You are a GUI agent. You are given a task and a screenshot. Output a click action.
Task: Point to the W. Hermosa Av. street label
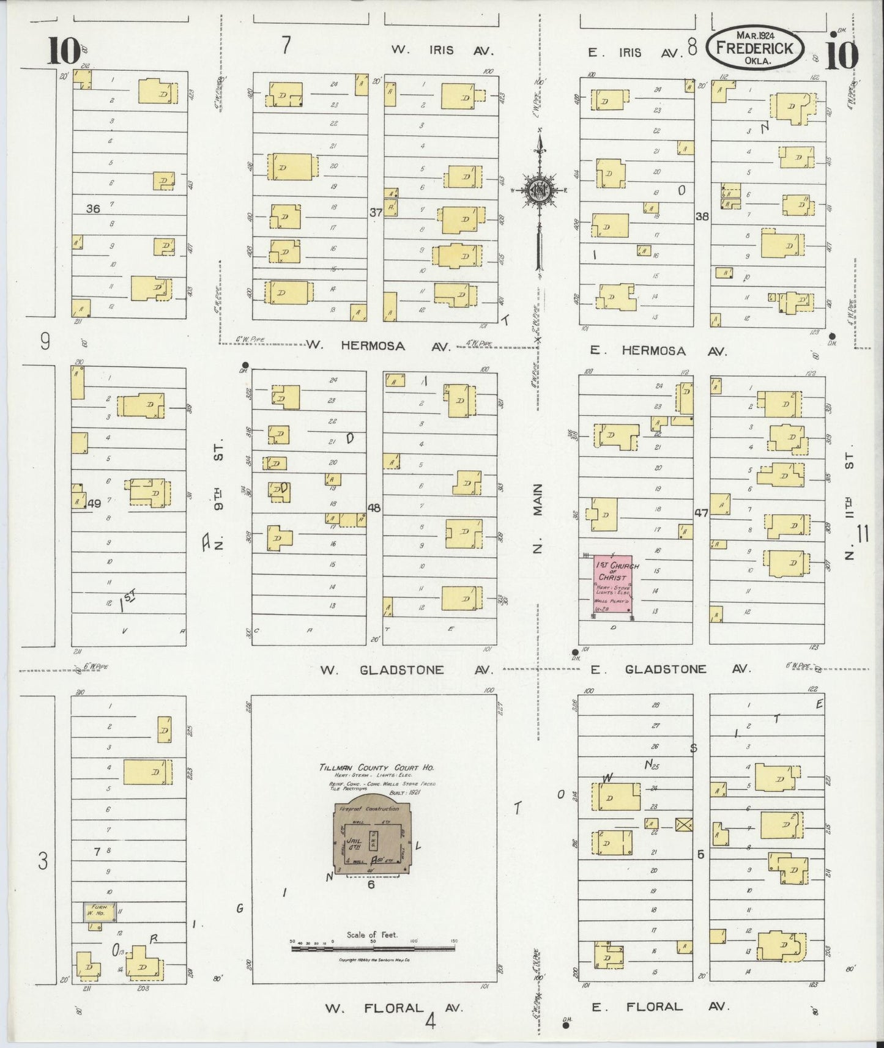377,346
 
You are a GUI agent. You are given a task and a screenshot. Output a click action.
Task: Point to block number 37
375,212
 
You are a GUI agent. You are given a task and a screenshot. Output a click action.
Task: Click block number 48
373,507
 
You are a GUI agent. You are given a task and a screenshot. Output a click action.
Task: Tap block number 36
93,208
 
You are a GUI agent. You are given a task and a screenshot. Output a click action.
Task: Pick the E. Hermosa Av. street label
658,351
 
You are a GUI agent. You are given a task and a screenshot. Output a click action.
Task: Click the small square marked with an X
683,824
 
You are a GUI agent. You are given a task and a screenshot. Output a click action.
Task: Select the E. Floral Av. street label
661,1006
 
